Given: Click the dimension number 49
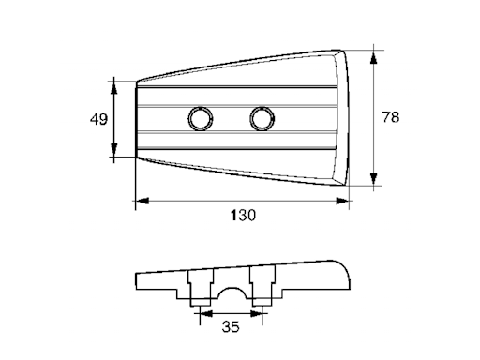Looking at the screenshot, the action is pos(98,119).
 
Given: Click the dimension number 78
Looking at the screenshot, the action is pos(391,117).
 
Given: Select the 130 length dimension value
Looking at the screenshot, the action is pos(243,216).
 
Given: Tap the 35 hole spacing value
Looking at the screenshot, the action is pos(231,327).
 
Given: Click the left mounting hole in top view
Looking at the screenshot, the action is pos(201,119).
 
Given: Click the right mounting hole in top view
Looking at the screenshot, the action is pos(262,119).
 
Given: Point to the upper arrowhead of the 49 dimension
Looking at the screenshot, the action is pos(114,87).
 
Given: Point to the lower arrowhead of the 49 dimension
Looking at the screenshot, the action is pos(114,150).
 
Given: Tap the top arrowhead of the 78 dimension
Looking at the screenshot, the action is pos(373,58).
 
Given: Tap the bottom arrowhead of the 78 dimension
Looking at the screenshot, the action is pos(373,179).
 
